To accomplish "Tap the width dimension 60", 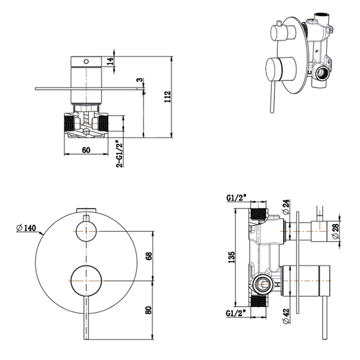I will point(86,150).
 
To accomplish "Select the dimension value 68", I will point(149,256).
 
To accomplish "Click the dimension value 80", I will point(149,310).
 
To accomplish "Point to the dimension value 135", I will point(231,256).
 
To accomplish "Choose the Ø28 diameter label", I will point(335,230).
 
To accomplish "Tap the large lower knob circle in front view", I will point(86,281).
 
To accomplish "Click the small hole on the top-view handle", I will point(87,61).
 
